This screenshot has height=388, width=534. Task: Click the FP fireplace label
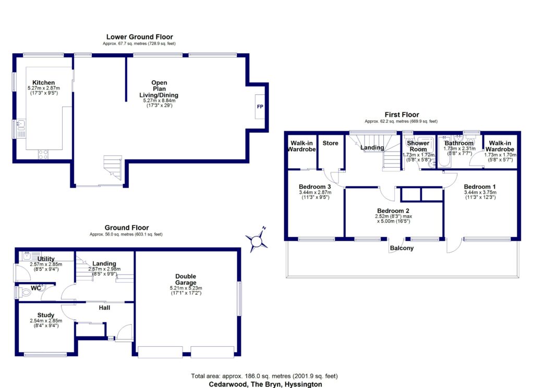259,106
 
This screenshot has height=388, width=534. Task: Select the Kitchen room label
44,83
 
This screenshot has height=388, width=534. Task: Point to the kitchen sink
20,125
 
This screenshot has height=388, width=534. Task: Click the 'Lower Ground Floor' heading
139,37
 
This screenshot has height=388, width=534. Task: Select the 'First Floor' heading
402,115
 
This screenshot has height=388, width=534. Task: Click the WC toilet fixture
27,293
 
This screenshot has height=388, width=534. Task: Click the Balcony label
402,248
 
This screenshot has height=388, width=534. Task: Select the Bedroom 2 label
394,210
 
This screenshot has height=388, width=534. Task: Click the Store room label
330,143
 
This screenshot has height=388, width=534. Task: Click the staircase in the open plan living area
113,167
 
